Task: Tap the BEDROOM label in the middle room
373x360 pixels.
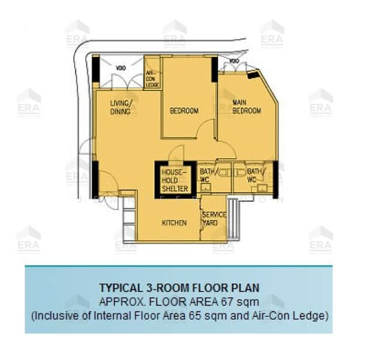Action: (184, 110)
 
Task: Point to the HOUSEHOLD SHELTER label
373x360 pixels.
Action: (175, 180)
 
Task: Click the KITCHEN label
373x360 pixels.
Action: (174, 223)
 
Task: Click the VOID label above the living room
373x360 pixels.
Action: (120, 67)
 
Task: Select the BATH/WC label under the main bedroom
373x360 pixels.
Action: (252, 176)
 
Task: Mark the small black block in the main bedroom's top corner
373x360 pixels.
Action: (253, 76)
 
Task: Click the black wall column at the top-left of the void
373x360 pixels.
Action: (95, 69)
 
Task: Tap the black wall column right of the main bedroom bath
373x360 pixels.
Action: (276, 179)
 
